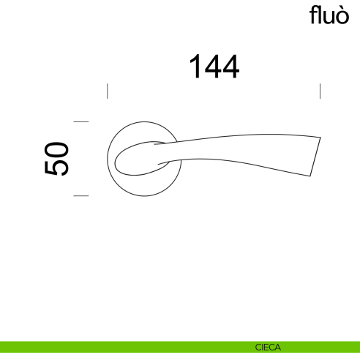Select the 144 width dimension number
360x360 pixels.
[x=214, y=67]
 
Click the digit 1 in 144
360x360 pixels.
[x=195, y=67]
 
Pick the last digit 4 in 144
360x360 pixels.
[x=230, y=67]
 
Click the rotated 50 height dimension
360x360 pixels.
[x=57, y=158]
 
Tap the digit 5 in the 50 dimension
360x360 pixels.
[x=57, y=168]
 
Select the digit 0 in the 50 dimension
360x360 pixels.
[x=57, y=149]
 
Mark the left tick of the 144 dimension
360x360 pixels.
[x=108, y=91]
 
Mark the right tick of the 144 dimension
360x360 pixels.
[x=320, y=91]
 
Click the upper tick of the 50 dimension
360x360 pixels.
[x=81, y=121]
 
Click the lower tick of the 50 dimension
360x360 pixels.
[x=81, y=196]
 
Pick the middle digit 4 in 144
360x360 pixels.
[x=213, y=67]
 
